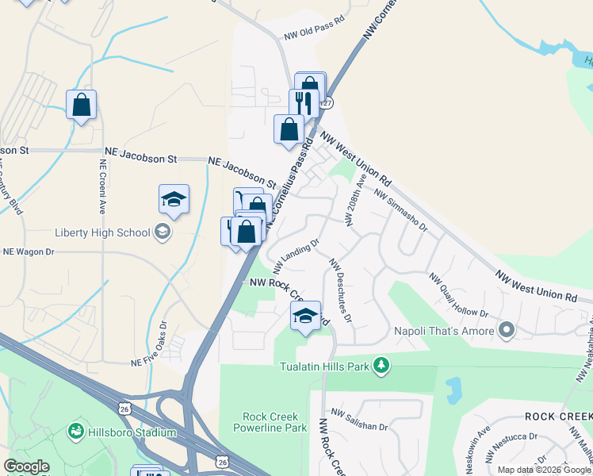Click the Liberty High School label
click(x=102, y=232)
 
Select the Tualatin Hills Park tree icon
click(x=383, y=365)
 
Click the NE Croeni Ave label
click(x=102, y=187)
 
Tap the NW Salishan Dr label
click(x=360, y=420)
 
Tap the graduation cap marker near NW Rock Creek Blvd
click(x=305, y=316)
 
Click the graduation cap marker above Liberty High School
click(x=174, y=200)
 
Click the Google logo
click(x=26, y=466)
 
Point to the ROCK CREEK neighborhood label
click(x=558, y=416)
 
